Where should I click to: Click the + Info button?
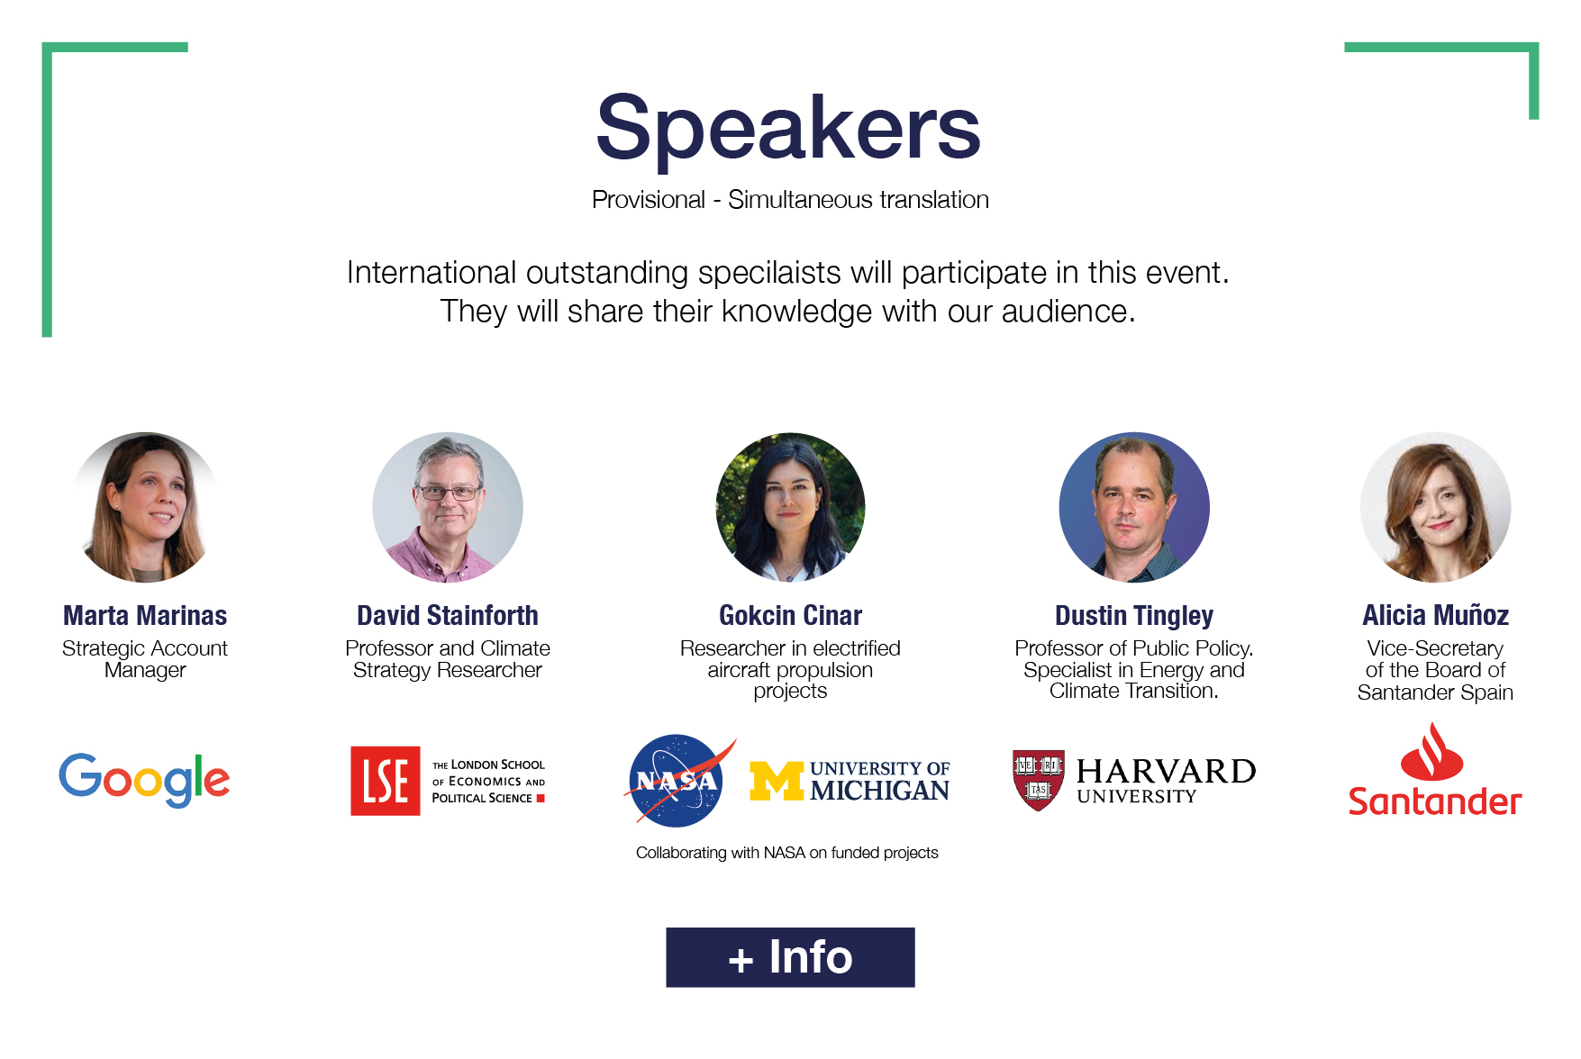(790, 957)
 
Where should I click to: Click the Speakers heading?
(788, 129)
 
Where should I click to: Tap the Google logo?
(144, 780)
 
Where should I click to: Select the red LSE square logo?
(386, 781)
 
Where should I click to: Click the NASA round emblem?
(677, 781)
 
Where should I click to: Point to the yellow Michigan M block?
(777, 781)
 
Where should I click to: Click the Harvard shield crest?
(1039, 780)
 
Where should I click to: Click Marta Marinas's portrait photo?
(146, 507)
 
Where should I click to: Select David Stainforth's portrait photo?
(448, 507)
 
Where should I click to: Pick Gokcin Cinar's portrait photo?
(790, 507)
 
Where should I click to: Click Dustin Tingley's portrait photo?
(1134, 507)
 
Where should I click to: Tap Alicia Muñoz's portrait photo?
(1436, 507)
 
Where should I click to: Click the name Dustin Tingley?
(1134, 616)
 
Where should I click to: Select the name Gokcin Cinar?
(790, 616)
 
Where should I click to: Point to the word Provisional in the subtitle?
(649, 200)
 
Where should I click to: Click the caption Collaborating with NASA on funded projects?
(787, 853)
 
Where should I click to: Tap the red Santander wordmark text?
(1435, 801)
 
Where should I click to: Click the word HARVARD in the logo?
(1166, 771)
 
